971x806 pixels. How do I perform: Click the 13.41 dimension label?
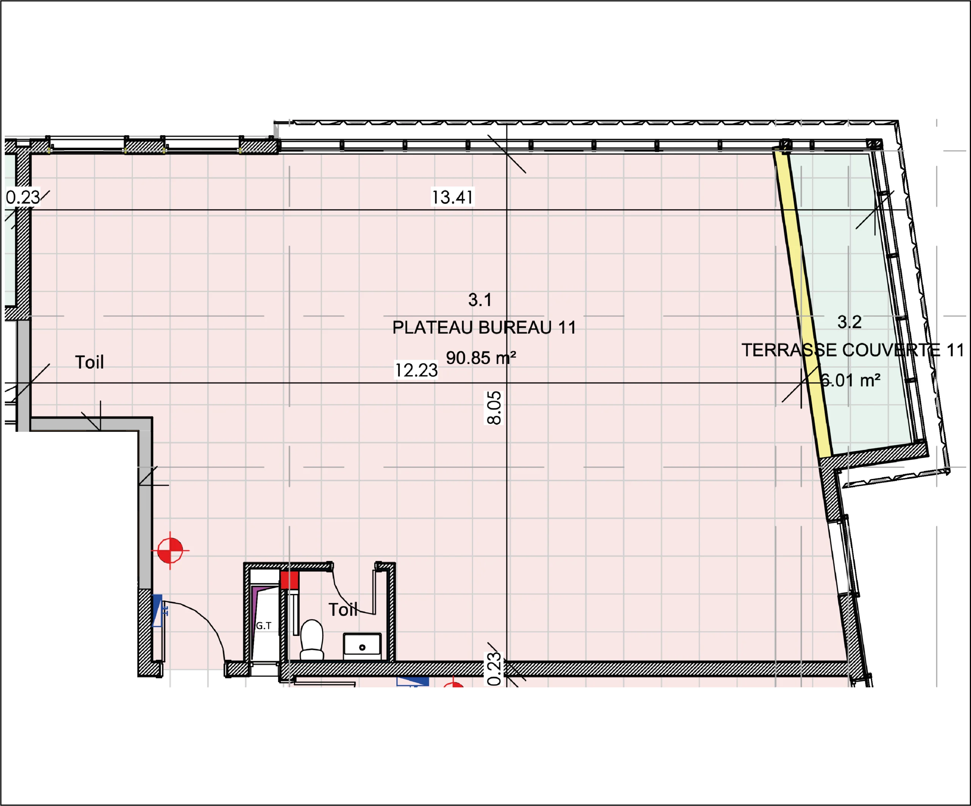coord(452,197)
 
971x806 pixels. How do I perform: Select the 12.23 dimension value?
coord(416,370)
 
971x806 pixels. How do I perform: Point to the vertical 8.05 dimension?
coord(494,408)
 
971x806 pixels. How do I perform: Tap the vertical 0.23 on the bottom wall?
coord(494,669)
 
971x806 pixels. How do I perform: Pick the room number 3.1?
coord(479,300)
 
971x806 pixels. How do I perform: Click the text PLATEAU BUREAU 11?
coord(484,327)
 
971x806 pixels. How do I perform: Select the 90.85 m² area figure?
coord(481,358)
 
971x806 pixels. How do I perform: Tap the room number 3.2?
coord(849,322)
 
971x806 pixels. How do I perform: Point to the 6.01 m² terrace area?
coord(850,380)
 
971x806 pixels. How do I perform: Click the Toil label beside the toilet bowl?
coord(343,610)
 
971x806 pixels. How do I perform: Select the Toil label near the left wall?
coord(89,362)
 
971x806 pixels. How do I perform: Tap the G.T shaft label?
coord(264,625)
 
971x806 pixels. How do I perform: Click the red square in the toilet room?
coord(289,580)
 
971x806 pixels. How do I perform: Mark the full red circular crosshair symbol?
coord(170,550)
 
